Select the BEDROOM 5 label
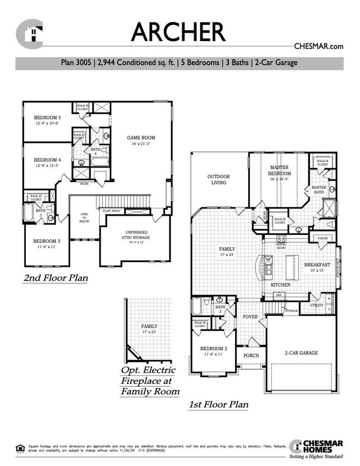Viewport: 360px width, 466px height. coord(47,117)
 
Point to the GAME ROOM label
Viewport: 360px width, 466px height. coord(141,138)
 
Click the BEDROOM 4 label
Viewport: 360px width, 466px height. coord(47,160)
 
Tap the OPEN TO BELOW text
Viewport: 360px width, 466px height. coord(84,217)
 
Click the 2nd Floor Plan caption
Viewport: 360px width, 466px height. coord(56,278)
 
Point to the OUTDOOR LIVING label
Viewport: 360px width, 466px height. coord(218,179)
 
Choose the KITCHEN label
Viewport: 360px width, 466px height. coord(281,286)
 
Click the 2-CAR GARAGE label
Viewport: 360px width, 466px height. coord(301,353)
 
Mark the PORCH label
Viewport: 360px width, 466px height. coord(251,355)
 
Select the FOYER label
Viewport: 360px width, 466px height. coord(250,317)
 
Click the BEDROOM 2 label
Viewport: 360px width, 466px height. coord(212,349)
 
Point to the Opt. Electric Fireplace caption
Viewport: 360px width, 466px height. coord(150,381)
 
